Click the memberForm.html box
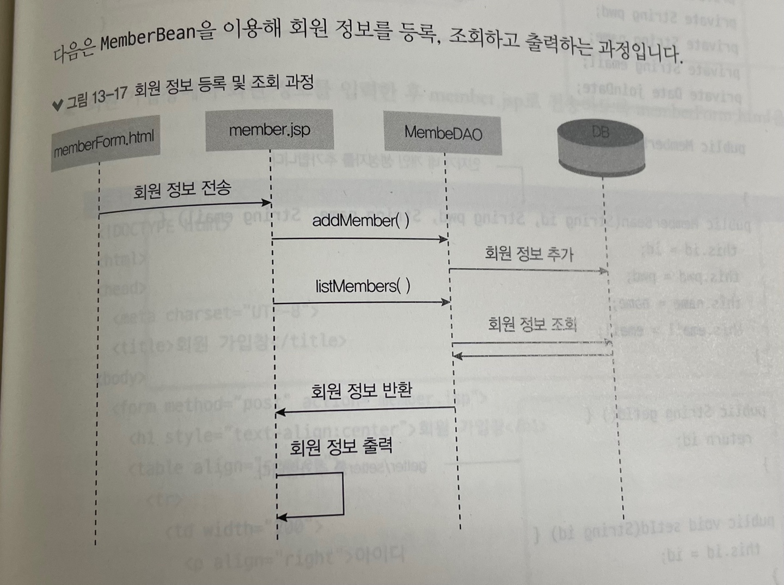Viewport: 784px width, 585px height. tap(105, 143)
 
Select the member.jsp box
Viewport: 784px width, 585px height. tap(269, 130)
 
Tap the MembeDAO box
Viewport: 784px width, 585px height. tap(443, 132)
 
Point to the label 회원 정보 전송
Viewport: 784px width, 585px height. tap(182, 189)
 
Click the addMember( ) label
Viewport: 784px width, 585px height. tap(360, 220)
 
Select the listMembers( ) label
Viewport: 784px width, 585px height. tap(363, 286)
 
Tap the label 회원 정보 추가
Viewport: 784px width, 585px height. tap(529, 254)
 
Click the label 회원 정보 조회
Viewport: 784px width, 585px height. tap(532, 324)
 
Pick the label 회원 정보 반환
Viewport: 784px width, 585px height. tap(361, 391)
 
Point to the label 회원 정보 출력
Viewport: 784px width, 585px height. tap(341, 447)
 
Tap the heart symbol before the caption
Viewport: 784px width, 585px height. tap(58, 104)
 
